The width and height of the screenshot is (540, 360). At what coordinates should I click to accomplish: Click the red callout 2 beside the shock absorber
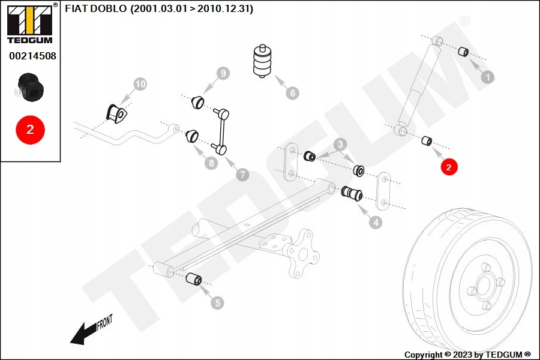tap(448, 167)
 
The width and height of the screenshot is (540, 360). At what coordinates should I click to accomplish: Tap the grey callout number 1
tap(487, 77)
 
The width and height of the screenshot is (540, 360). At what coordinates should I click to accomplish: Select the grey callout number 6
tap(292, 92)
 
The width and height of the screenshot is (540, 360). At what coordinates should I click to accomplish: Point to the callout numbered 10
tap(140, 84)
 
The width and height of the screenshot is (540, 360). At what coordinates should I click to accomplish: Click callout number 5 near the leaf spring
tap(217, 303)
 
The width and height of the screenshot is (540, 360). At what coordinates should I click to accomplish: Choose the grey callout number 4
tap(376, 222)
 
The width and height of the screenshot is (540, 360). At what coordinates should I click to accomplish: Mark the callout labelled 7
tap(243, 175)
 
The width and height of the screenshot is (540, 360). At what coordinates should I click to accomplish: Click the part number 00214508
tap(33, 56)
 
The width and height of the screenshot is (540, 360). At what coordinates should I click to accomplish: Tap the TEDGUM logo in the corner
tap(31, 23)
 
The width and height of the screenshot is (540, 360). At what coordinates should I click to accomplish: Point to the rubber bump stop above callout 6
tap(262, 61)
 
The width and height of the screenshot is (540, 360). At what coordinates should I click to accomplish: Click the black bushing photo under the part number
tap(31, 87)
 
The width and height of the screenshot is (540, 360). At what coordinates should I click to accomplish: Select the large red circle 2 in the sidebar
tap(31, 130)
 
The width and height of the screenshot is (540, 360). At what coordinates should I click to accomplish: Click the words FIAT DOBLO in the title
tap(96, 8)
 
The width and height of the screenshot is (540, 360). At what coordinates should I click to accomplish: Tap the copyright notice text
tap(467, 355)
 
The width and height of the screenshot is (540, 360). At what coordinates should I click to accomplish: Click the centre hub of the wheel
tap(484, 285)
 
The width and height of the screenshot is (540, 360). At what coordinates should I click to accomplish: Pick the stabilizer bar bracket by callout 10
tap(117, 113)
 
